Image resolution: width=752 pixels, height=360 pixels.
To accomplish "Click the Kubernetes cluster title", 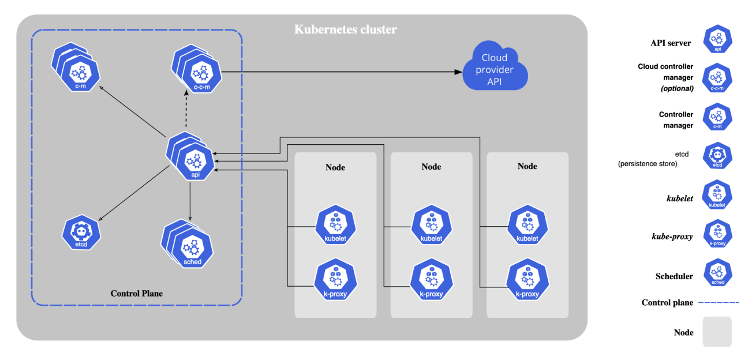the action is tap(346, 29).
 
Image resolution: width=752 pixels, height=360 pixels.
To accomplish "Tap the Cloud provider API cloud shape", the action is tap(495, 66).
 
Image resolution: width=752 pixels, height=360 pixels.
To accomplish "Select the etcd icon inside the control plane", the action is tap(81, 232).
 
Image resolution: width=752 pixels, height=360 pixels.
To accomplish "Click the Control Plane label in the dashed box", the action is tap(137, 294).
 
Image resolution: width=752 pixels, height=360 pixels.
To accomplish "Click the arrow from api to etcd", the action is tap(134, 193).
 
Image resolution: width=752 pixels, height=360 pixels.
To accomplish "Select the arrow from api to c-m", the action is tap(133, 111).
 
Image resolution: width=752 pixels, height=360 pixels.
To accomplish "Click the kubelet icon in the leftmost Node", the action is tap(335, 225).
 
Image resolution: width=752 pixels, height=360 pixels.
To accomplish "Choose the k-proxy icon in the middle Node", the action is tap(431, 280).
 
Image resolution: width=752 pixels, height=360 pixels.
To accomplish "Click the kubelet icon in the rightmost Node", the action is tap(527, 225).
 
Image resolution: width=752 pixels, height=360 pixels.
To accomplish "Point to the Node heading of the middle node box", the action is tap(431, 167).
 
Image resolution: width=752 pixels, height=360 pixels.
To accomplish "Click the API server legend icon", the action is tap(718, 39).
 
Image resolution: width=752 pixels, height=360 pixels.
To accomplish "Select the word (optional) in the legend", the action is tap(677, 89).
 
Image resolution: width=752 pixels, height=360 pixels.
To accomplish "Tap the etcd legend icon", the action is tap(718, 156).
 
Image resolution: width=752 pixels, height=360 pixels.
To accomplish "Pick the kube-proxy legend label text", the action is tap(672, 237).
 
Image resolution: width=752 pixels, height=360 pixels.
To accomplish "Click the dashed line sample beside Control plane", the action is tap(719, 303).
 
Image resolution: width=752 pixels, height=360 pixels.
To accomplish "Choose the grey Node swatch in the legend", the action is tap(717, 332).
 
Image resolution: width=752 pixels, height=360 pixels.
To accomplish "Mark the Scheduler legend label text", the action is tap(674, 276).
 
